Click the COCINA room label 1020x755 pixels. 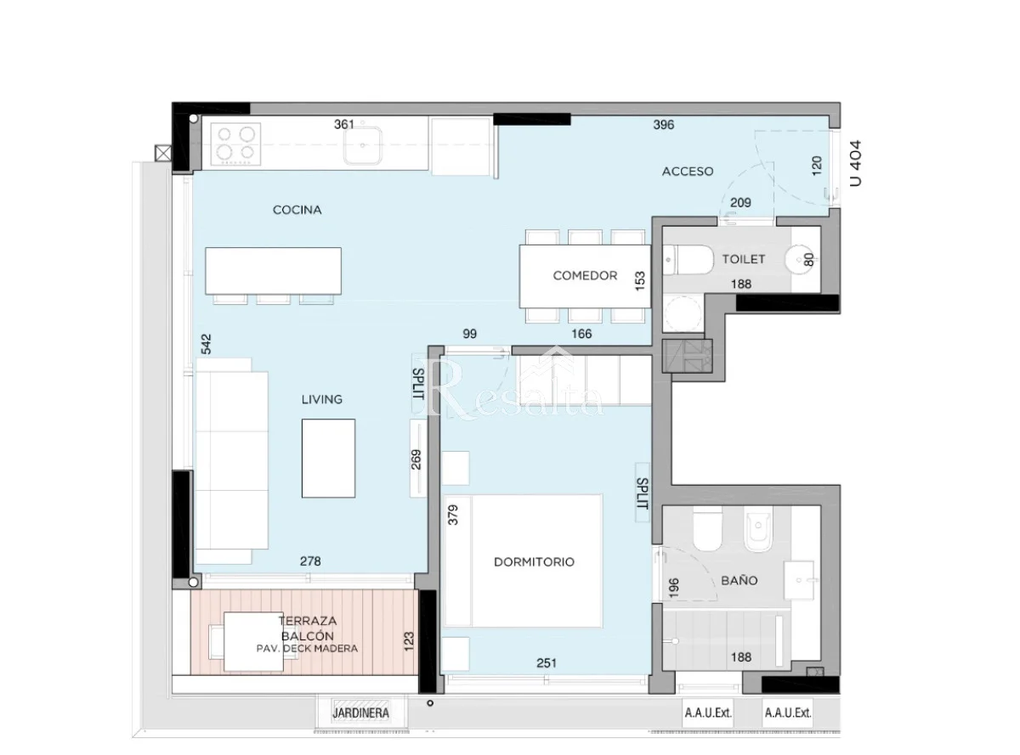tap(297, 210)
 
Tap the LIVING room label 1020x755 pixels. tap(321, 399)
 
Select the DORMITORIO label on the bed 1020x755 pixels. tap(534, 561)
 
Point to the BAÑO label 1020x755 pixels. tap(739, 580)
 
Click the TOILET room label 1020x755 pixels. tap(743, 259)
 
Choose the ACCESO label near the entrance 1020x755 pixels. tap(688, 172)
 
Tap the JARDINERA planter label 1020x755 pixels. tap(360, 713)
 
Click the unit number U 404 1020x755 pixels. tap(855, 163)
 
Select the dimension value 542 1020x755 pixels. tap(207, 344)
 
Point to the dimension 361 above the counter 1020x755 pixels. tap(344, 125)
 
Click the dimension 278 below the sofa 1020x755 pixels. tap(310, 561)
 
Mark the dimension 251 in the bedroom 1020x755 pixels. tap(547, 663)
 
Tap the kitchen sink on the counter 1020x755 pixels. tap(363, 145)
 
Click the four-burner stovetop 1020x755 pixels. tap(236, 144)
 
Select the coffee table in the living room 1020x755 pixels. tap(328, 458)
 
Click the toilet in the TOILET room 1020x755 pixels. tap(687, 260)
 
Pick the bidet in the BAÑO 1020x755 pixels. tap(758, 529)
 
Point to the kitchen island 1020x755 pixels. tap(273, 271)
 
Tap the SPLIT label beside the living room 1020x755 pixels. tap(418, 384)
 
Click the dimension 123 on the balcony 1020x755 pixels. tap(409, 641)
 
